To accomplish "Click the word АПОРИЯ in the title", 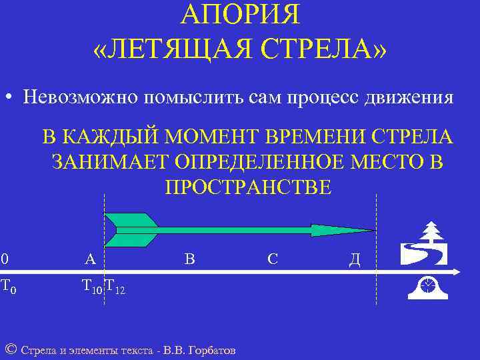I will tap(241, 15).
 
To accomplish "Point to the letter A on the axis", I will tap(90, 259).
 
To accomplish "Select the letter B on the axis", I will tap(190, 259).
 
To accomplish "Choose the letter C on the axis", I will tap(273, 259).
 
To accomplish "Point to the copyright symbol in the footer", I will tap(11, 349).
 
